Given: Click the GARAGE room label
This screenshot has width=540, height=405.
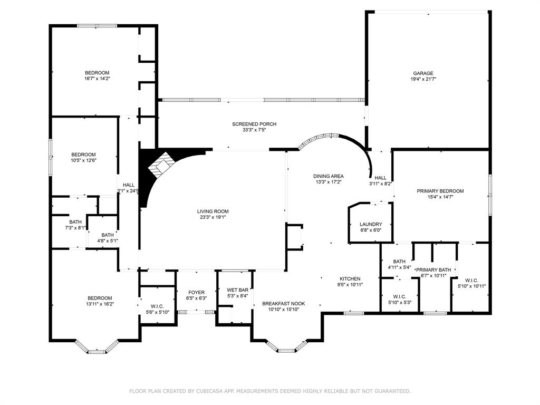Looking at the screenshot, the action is (x=423, y=73).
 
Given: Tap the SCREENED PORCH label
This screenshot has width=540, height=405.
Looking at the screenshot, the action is (x=254, y=124).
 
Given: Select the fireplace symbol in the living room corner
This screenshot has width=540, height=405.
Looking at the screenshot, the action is (x=160, y=165).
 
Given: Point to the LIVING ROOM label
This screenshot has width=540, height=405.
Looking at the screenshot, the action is (x=213, y=211).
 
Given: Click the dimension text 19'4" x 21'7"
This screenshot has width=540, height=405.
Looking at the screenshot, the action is (x=423, y=79).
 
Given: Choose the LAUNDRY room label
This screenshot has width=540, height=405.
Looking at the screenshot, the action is (x=371, y=224).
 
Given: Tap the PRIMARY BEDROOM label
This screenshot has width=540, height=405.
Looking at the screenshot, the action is (x=440, y=191).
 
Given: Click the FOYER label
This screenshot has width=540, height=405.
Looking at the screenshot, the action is (x=196, y=292).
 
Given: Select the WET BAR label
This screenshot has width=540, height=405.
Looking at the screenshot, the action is (x=237, y=290).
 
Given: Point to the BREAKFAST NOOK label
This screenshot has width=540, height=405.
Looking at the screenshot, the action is (x=283, y=303).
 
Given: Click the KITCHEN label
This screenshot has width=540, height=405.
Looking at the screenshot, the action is (x=350, y=278).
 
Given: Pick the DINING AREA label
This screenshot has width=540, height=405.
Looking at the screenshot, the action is (x=328, y=176).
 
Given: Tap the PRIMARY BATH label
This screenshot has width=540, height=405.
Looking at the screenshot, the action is (x=433, y=269).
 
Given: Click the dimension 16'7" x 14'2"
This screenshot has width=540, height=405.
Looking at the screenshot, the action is (x=97, y=79).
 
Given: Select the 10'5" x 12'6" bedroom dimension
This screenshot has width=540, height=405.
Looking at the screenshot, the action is (x=83, y=160).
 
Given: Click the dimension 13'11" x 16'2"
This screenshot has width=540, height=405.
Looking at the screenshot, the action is (x=100, y=304).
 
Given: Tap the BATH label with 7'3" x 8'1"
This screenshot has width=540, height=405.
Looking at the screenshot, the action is (x=75, y=222).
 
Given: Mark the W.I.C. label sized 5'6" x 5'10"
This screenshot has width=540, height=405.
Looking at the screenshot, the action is (x=157, y=306).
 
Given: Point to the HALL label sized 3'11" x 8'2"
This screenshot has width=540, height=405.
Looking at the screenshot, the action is (x=381, y=178).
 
